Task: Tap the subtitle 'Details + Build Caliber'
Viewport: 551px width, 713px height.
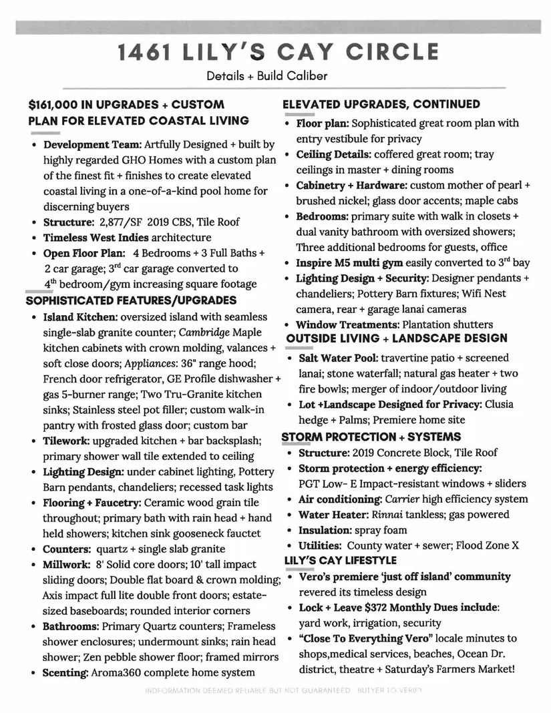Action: (267, 75)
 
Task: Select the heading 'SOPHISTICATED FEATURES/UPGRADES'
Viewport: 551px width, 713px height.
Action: (131, 300)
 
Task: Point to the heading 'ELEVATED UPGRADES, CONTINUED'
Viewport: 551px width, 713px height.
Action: (381, 104)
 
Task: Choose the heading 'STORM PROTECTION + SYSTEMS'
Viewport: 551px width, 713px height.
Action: (371, 437)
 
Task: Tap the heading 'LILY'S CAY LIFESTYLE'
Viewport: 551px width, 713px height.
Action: (340, 559)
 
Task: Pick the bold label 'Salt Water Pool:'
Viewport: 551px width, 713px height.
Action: (338, 359)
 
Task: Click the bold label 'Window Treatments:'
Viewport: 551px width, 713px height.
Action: (347, 324)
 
